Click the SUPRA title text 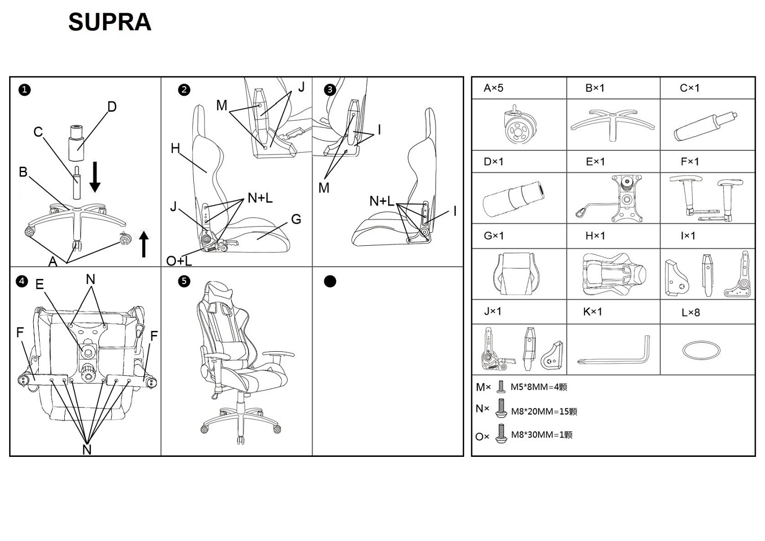tap(110, 22)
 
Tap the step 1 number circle tap(24, 90)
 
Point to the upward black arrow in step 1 tap(144, 244)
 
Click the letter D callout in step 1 tap(112, 107)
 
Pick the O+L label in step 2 tap(179, 261)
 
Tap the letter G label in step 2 tap(296, 219)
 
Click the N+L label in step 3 tap(381, 201)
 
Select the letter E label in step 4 tap(40, 285)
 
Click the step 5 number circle tap(184, 281)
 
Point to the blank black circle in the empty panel tap(330, 281)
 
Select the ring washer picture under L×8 tap(701, 350)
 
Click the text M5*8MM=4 tap(539, 387)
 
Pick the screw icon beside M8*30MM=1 tap(501, 434)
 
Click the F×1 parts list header tap(690, 162)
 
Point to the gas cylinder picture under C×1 tap(706, 126)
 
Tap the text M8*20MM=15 tap(544, 411)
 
